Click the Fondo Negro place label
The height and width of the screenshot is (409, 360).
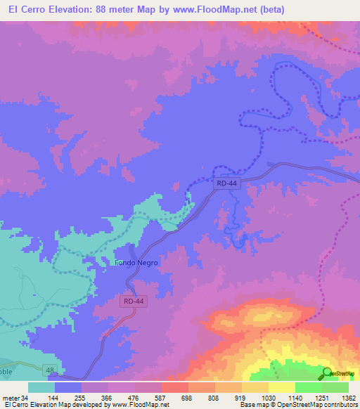(x=137, y=263)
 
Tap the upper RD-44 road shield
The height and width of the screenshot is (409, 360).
(x=226, y=183)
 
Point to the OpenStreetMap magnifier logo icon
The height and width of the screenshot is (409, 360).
(x=327, y=373)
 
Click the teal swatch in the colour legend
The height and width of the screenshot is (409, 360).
(x=41, y=387)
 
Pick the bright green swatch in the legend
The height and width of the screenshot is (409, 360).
(x=308, y=387)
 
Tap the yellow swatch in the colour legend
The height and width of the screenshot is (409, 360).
(x=281, y=387)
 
